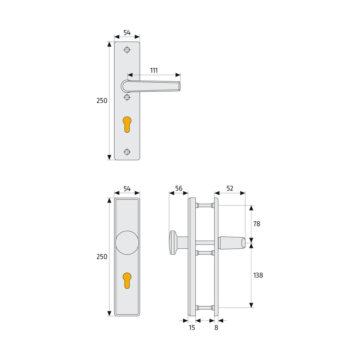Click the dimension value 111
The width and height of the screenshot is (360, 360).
pos(154,70)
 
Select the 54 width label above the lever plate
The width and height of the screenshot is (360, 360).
pos(127,33)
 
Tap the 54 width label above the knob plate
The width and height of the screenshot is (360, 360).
pos(127,189)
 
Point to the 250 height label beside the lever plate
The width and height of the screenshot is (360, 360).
pos(102,101)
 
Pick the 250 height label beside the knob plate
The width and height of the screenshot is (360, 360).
pos(102,257)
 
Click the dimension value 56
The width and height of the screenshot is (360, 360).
pos(179,188)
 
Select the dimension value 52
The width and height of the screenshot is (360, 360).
pos(230,188)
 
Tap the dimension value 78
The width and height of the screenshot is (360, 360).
pos(256,224)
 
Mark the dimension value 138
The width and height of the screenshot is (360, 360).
pos(258,275)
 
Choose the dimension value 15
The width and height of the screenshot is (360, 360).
pos(192,328)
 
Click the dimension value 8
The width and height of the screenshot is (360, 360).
pos(216,328)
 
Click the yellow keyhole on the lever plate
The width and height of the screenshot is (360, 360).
pos(127,124)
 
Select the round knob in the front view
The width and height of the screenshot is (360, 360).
pos(127,243)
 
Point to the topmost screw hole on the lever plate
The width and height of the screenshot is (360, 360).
pos(127,50)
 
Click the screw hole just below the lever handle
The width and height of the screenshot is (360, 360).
pos(127,97)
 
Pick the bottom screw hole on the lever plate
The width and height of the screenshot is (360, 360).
pos(127,152)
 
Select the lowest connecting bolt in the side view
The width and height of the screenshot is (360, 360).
pos(205,307)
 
